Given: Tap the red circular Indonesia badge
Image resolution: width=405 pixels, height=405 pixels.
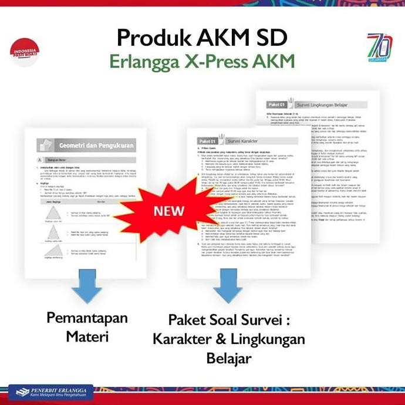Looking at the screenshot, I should (x=25, y=53).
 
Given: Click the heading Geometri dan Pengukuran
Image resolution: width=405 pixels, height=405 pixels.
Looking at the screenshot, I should (x=96, y=145).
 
